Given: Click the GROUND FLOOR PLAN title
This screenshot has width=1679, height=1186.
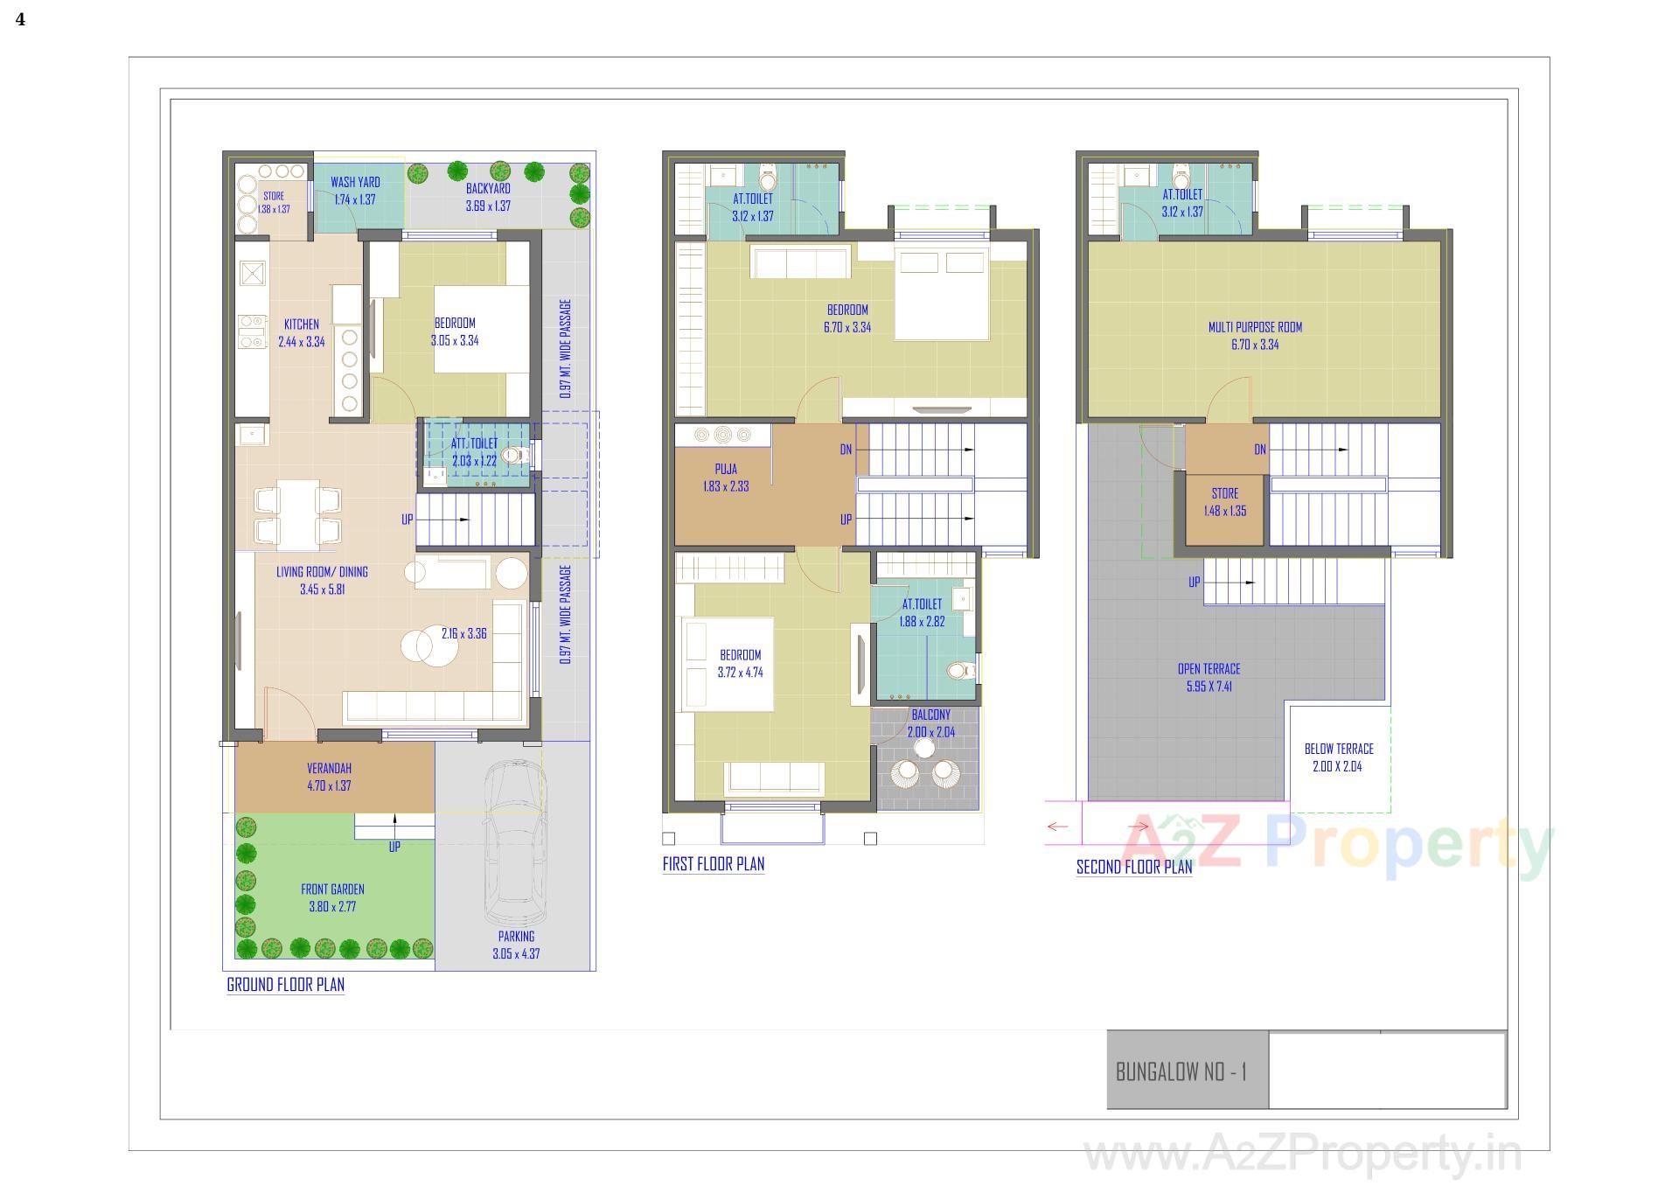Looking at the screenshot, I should pyautogui.click(x=285, y=985).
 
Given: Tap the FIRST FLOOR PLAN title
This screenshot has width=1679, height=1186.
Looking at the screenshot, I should pyautogui.click(x=713, y=864).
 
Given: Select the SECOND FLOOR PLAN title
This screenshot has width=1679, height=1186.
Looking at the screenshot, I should pyautogui.click(x=1133, y=868).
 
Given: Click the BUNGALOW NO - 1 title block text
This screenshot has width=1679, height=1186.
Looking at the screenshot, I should pyautogui.click(x=1181, y=1071).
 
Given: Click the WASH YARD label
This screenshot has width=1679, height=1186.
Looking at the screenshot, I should pyautogui.click(x=355, y=182).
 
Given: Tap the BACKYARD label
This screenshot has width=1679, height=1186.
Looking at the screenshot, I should pyautogui.click(x=488, y=188).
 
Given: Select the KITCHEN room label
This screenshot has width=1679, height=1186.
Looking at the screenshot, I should pyautogui.click(x=301, y=324).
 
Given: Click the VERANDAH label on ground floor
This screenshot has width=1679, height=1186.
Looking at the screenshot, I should pyautogui.click(x=329, y=769).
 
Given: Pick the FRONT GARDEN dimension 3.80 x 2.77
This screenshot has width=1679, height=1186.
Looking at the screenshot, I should pyautogui.click(x=332, y=907).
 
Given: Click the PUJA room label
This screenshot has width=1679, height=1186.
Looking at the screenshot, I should pyautogui.click(x=726, y=470).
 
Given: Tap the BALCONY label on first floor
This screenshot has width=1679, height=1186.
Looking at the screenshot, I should pyautogui.click(x=930, y=715).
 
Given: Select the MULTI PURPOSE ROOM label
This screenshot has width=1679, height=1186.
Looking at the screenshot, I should pyautogui.click(x=1255, y=327).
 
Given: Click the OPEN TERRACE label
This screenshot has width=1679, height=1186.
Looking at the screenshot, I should pyautogui.click(x=1209, y=669).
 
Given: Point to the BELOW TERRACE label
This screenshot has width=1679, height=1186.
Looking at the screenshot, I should pyautogui.click(x=1338, y=749).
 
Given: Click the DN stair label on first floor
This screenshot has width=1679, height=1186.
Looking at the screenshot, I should pyautogui.click(x=846, y=450).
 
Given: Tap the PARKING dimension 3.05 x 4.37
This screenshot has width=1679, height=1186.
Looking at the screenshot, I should pyautogui.click(x=516, y=954).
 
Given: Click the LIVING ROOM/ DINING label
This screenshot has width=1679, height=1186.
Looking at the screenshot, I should pyautogui.click(x=322, y=572).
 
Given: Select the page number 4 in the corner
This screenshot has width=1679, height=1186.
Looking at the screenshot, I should pyautogui.click(x=20, y=19).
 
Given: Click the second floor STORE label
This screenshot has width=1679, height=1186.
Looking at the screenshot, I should pyautogui.click(x=1224, y=493).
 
